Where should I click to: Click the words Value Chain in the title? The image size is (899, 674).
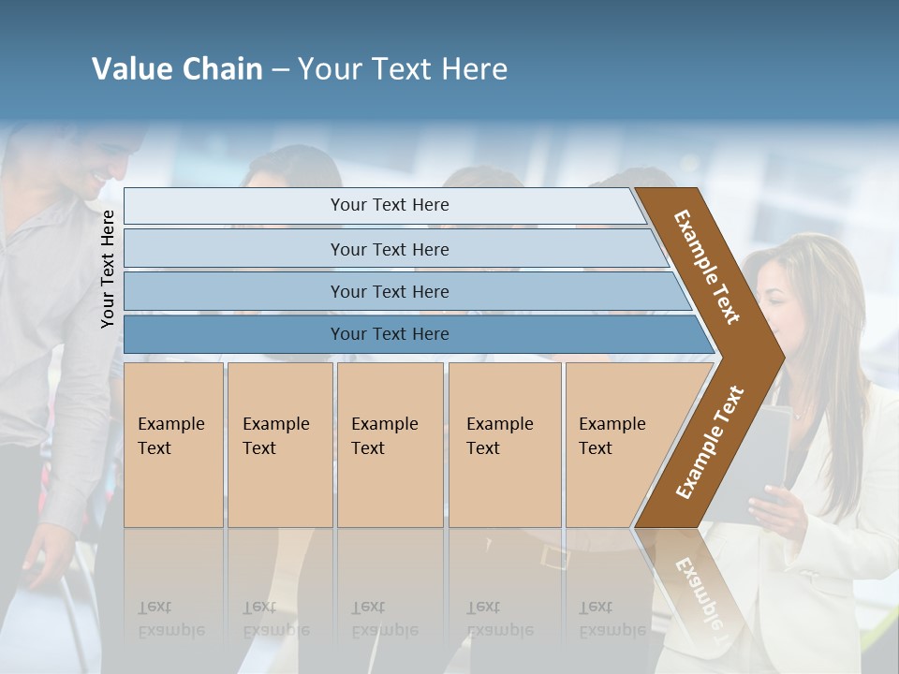pos(177,69)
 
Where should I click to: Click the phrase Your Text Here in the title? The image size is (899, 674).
pos(403,69)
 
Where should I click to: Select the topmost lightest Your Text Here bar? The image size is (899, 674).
pos(390,205)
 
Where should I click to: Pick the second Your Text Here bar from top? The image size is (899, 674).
pos(390,249)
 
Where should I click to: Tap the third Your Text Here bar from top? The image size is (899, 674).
pos(390,291)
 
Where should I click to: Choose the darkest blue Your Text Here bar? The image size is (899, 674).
pos(390,334)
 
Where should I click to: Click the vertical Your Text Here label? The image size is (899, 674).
pos(109,269)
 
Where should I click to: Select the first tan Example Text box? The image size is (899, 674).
pos(173,445)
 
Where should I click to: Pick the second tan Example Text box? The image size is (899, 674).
pos(279,445)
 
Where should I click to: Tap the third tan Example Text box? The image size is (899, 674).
pos(389,445)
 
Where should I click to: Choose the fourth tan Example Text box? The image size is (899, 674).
pos(504,445)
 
